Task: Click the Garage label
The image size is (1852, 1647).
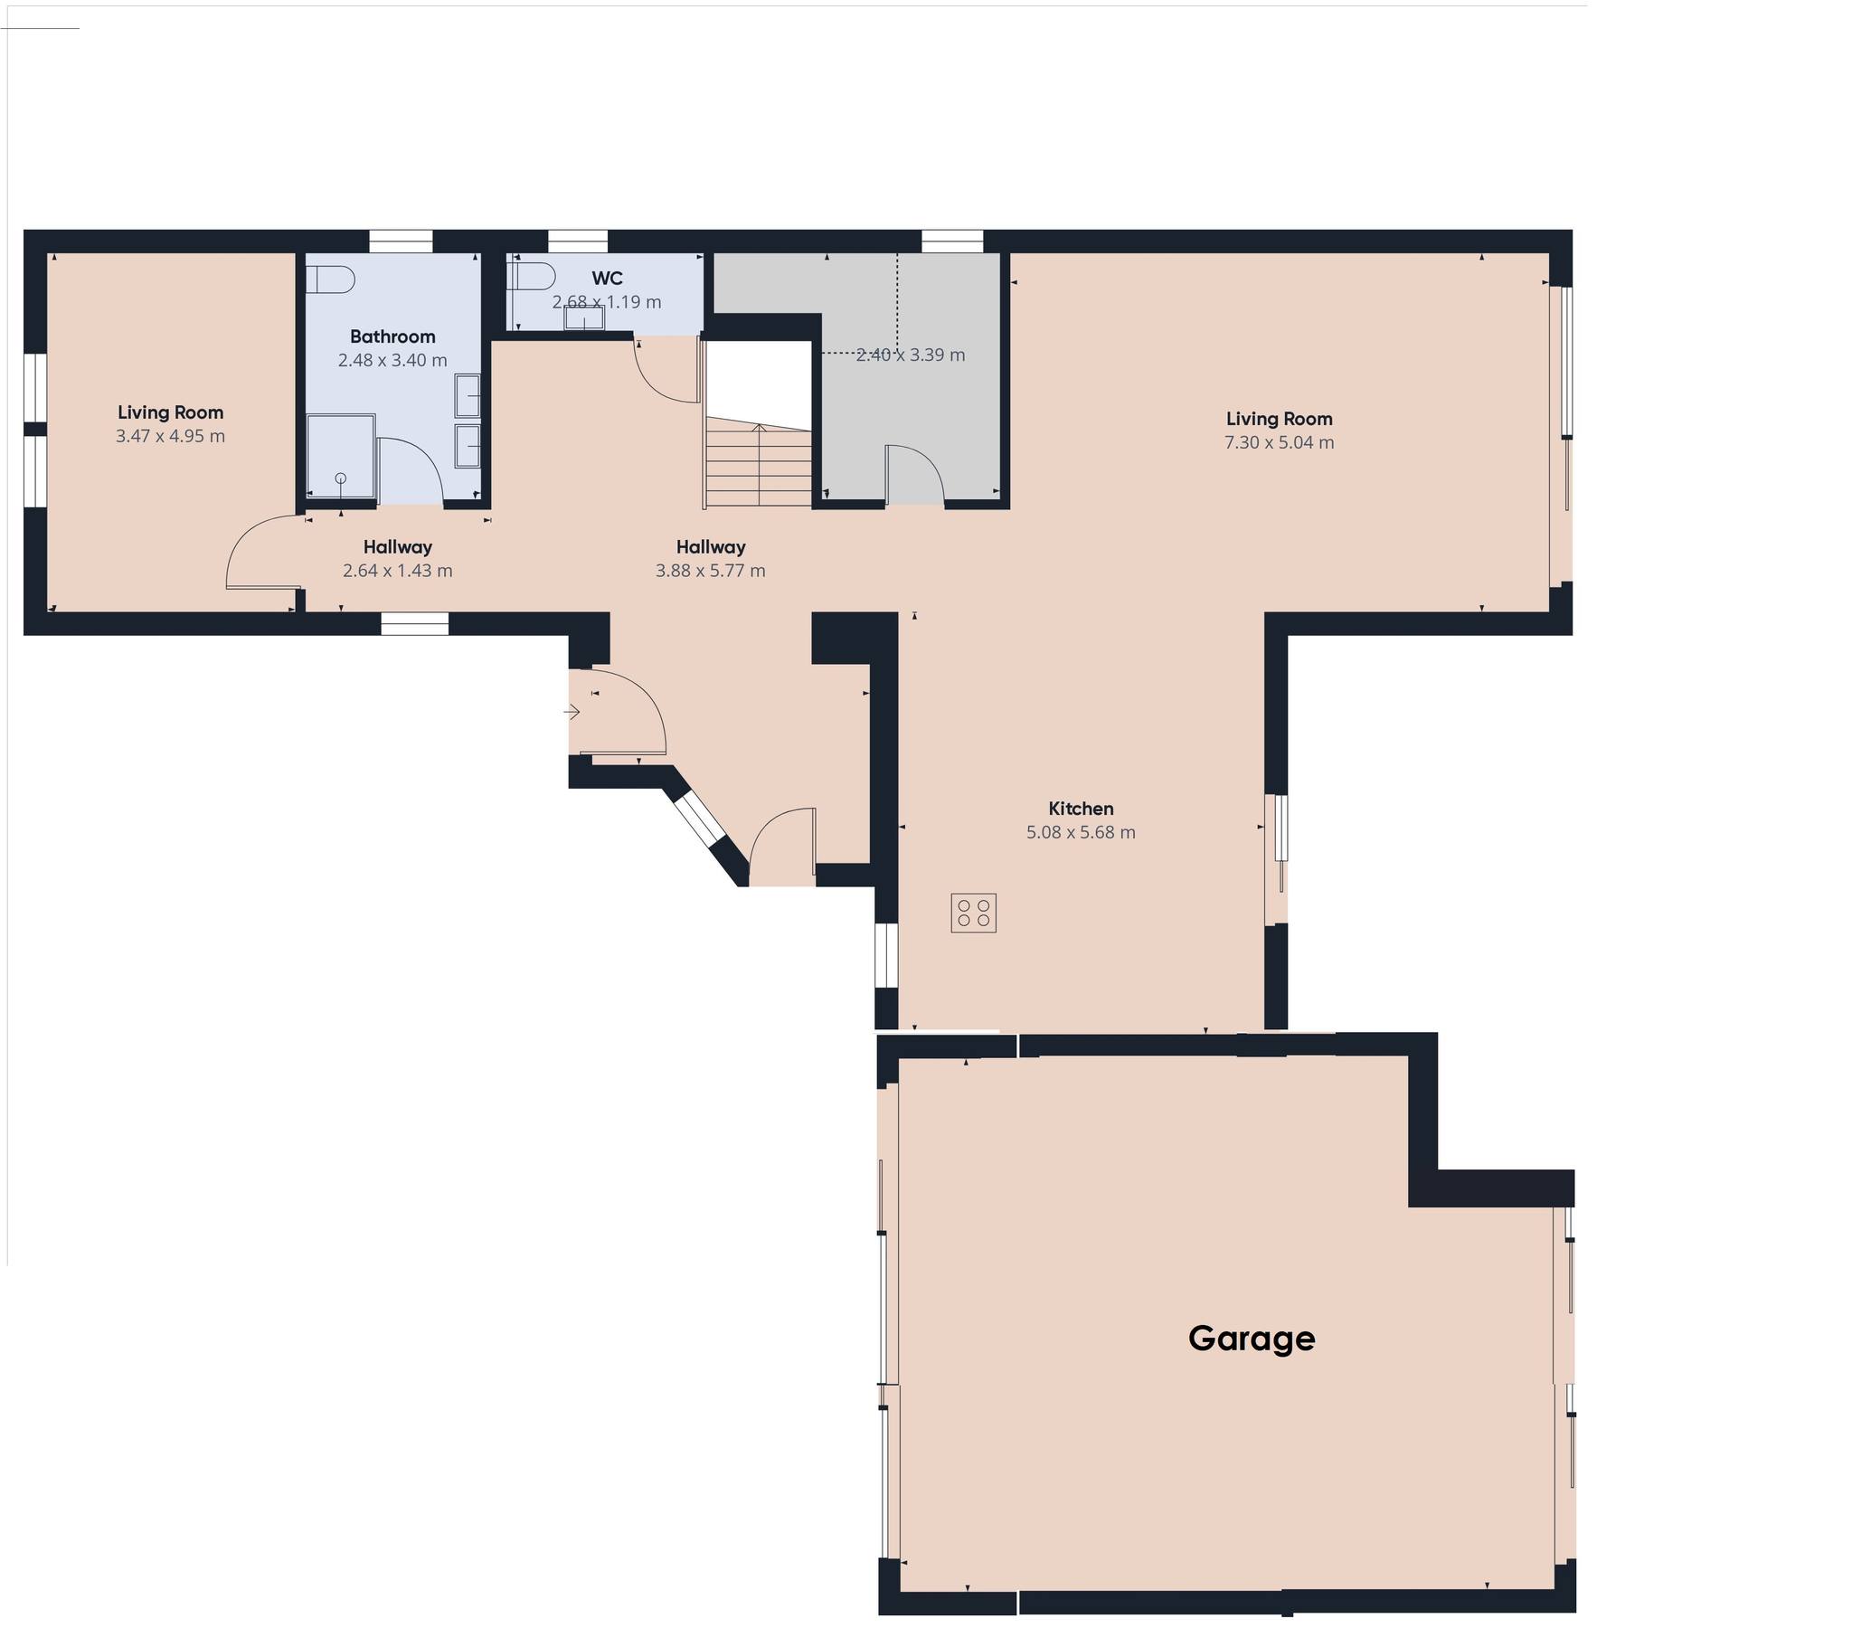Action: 1252,1339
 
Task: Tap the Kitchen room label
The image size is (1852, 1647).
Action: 1081,809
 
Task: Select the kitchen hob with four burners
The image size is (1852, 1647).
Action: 974,913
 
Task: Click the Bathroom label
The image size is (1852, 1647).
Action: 392,336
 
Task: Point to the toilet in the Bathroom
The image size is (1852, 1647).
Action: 328,279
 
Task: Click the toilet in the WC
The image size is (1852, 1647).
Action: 532,274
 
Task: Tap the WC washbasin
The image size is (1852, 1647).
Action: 584,318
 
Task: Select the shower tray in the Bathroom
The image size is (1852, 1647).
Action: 341,457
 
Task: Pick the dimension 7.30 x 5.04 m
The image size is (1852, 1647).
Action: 1280,442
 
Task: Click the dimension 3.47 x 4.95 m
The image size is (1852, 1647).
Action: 170,436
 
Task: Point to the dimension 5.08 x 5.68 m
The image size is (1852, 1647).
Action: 1081,832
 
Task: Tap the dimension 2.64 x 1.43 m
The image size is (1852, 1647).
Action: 398,570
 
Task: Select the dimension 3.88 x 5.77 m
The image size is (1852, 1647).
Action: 711,570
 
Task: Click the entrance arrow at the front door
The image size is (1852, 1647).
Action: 572,712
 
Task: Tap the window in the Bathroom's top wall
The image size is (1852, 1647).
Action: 401,241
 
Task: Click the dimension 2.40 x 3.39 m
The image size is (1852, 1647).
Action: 911,355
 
